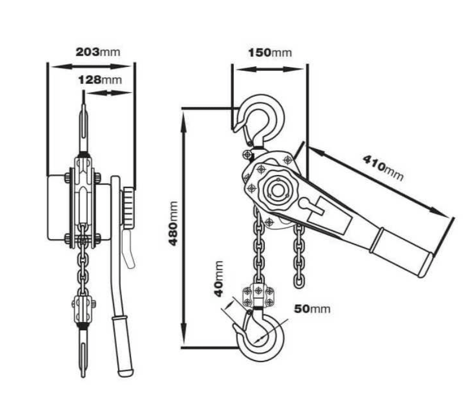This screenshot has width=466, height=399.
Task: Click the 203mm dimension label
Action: point(98,52)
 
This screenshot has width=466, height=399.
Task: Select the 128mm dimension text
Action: point(99,79)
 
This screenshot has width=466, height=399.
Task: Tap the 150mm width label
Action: point(270,53)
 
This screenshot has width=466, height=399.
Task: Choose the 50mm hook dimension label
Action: point(312,309)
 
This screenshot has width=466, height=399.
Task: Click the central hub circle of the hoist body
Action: point(277,189)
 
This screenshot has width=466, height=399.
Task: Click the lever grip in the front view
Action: point(122,343)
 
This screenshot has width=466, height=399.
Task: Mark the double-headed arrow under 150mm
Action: point(270,69)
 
